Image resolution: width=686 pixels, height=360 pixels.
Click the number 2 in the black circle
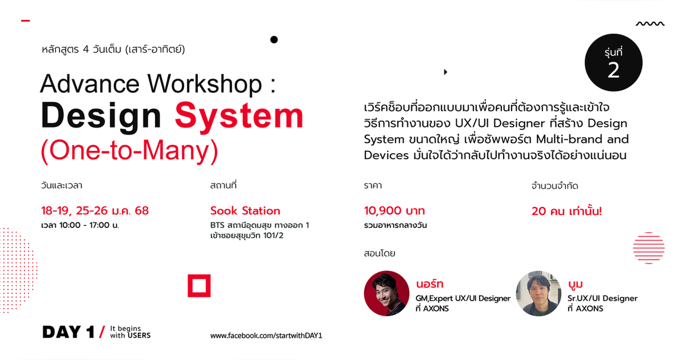click(613, 70)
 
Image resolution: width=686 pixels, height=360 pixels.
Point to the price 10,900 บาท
click(394, 211)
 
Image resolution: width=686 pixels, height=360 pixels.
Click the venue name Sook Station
click(245, 211)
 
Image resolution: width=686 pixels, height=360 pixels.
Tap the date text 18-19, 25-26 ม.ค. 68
click(95, 211)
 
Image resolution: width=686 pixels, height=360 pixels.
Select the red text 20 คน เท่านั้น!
click(567, 211)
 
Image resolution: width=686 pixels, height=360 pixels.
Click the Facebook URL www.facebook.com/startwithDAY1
click(266, 335)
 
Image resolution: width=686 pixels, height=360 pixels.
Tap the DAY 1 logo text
click(69, 333)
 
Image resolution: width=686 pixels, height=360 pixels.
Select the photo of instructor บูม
click(539, 293)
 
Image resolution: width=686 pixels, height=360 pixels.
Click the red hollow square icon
click(199, 286)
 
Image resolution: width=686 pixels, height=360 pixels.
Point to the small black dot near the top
click(274, 39)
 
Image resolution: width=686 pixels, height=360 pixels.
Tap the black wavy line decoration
click(650, 24)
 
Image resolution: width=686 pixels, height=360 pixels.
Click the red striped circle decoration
click(649, 248)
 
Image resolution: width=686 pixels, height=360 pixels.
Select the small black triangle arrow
click(445, 72)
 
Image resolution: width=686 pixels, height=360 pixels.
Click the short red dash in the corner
click(25, 21)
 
